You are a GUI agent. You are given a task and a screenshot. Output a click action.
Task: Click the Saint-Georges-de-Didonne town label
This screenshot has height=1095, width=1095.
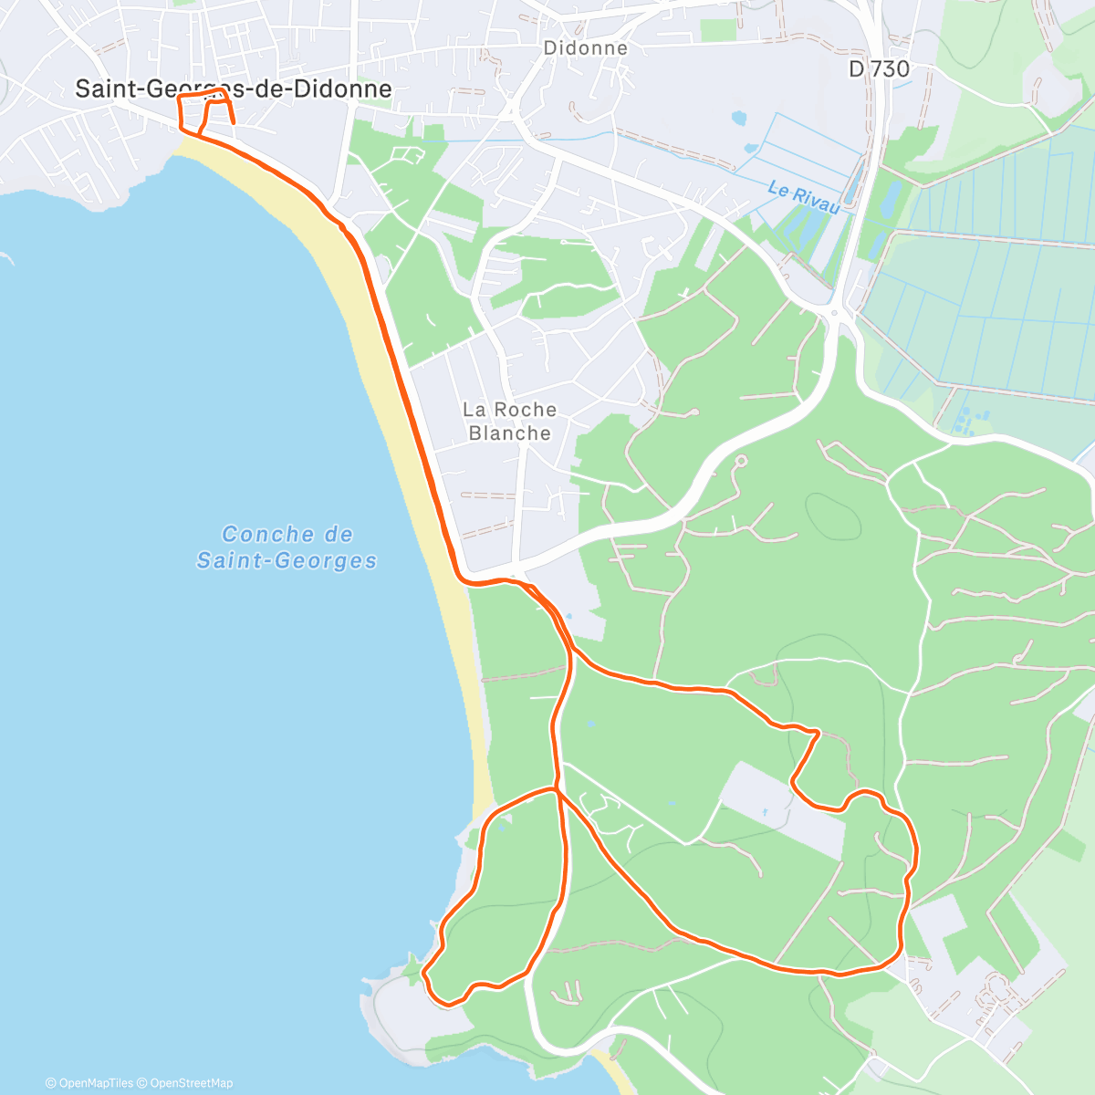(234, 89)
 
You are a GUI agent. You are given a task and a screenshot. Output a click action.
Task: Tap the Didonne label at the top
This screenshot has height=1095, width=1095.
(586, 47)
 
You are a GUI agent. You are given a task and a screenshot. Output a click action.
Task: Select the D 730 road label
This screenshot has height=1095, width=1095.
(879, 68)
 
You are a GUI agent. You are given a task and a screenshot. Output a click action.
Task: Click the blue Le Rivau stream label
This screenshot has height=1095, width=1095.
(803, 197)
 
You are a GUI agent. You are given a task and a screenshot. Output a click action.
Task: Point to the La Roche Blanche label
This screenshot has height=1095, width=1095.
(509, 422)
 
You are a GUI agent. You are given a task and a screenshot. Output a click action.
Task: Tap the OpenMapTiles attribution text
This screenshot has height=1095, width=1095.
(89, 1083)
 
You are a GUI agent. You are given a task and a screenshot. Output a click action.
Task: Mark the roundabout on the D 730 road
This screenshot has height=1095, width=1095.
(834, 314)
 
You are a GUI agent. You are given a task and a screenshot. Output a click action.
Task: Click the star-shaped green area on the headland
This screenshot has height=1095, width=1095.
(414, 969)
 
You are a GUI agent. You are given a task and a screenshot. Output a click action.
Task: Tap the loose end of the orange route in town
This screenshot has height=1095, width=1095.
(234, 122)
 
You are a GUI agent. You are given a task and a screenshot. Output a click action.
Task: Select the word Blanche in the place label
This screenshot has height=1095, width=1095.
(509, 433)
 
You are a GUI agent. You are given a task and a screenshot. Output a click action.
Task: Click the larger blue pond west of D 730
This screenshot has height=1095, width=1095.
(737, 118)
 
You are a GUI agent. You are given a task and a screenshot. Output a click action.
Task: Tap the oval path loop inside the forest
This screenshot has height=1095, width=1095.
(832, 516)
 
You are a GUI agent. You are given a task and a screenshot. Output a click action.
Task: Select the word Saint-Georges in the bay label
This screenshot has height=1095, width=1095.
(287, 560)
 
